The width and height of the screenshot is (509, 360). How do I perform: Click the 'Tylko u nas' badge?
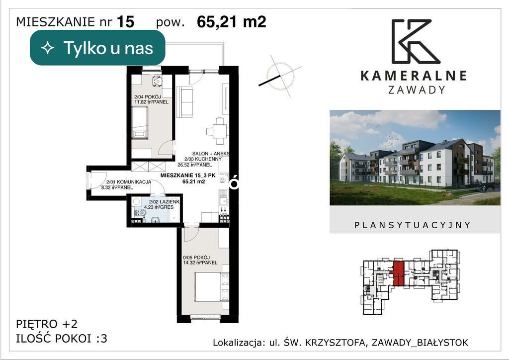click(97, 48)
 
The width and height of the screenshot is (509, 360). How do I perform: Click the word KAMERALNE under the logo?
click(414, 76)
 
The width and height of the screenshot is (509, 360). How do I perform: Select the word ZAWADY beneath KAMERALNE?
click(417, 90)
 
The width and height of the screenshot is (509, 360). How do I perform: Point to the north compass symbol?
click(280, 76)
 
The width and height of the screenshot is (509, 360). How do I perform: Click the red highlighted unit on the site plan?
click(399, 273)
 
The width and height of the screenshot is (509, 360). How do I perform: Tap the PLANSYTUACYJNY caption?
click(413, 225)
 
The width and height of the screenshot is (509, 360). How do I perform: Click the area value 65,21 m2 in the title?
click(232, 22)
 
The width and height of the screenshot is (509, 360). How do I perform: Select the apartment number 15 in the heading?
click(125, 22)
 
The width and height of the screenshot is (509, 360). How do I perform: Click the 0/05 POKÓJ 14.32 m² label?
click(200, 260)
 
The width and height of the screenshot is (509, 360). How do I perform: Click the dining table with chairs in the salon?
click(217, 131)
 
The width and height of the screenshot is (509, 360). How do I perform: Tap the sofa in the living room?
click(185, 101)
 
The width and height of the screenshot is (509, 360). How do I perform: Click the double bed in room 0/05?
click(212, 286)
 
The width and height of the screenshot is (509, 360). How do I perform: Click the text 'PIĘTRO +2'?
click(47, 324)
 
